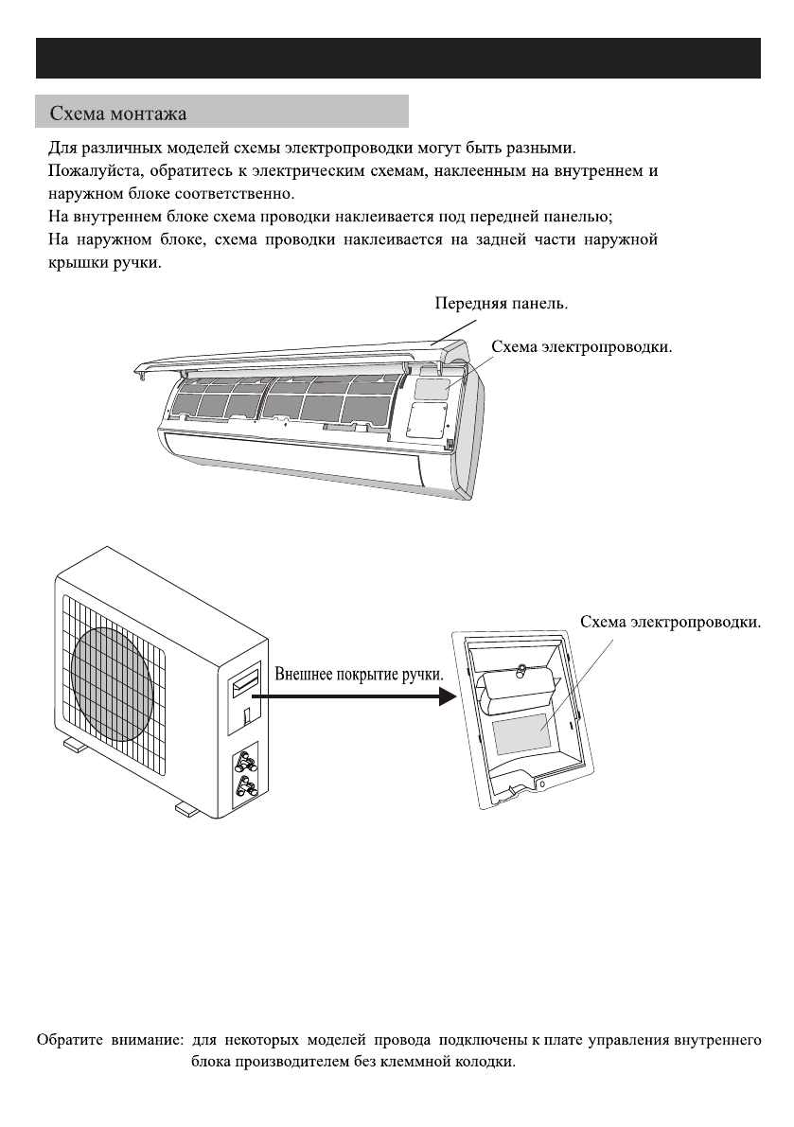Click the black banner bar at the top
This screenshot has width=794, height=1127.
[397, 58]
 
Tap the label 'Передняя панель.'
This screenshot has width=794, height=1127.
[502, 305]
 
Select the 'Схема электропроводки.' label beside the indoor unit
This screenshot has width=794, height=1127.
[581, 347]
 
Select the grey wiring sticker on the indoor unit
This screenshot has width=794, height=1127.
[430, 385]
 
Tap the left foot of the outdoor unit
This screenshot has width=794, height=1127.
[75, 747]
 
